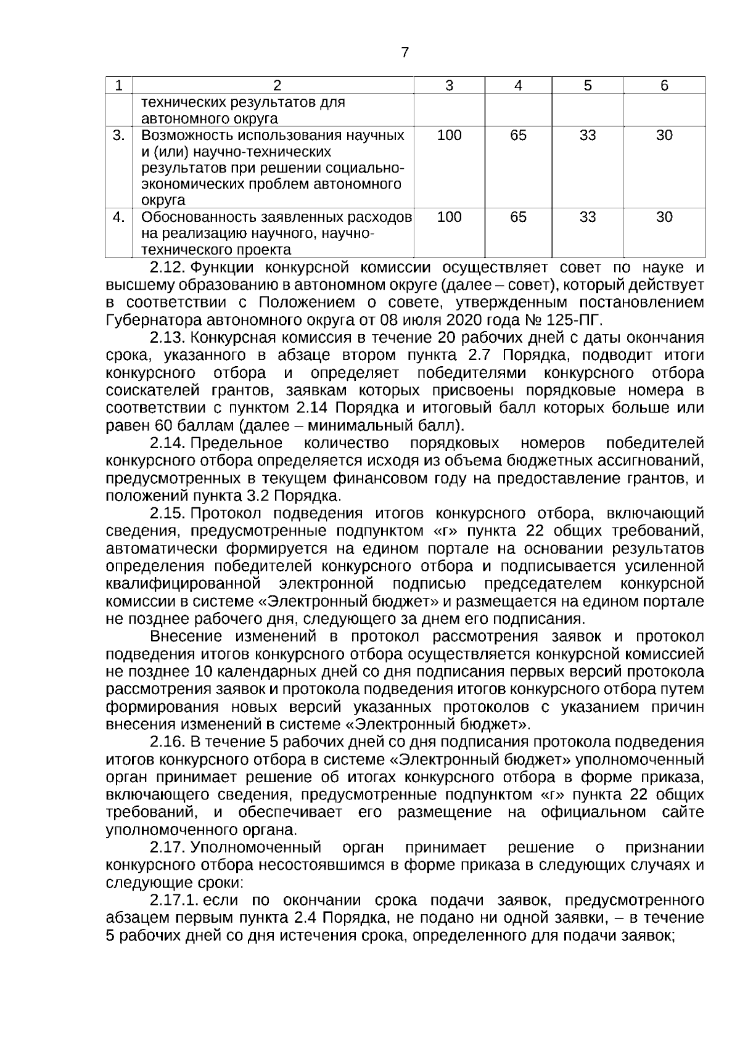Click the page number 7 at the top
[x=405, y=53]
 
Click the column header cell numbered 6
[x=664, y=86]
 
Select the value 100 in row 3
[x=449, y=136]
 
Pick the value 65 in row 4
[x=518, y=218]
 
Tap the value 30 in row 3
[x=664, y=136]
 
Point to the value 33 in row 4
[x=588, y=218]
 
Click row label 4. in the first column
[x=119, y=218]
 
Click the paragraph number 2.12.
[x=168, y=268]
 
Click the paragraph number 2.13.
[x=168, y=338]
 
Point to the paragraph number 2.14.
[x=168, y=443]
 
